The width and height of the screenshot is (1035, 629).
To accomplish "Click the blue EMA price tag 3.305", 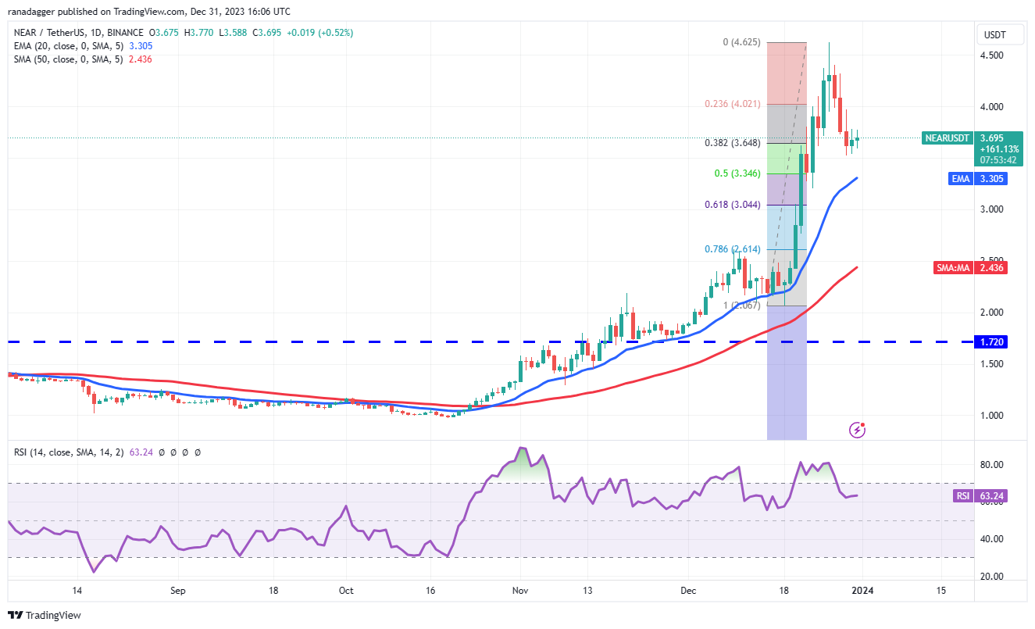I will pyautogui.click(x=988, y=179).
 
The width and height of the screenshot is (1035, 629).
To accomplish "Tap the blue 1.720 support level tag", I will pyautogui.click(x=991, y=342).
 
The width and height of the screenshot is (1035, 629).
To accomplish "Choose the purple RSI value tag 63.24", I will pyautogui.click(x=979, y=495).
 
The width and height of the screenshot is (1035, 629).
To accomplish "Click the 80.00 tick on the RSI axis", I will pyautogui.click(x=991, y=465).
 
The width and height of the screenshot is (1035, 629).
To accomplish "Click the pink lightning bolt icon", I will pyautogui.click(x=858, y=429).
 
